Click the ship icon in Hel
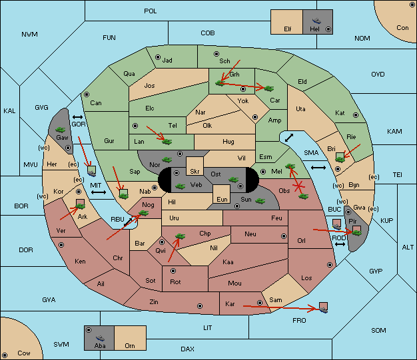coord(316,21)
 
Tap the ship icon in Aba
coord(100,338)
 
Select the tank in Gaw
coord(61,130)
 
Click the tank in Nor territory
coord(167,160)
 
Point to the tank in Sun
coord(260,201)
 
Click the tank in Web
coord(180,186)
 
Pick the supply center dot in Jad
coord(158,57)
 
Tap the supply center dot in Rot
coord(173,271)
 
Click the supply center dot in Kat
coord(356,115)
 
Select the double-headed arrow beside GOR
coord(77,117)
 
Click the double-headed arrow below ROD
coord(340,244)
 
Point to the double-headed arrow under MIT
coord(99,192)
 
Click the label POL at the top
coord(151,11)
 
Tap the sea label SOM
coord(378,331)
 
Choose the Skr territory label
coord(195,172)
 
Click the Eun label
coord(222,200)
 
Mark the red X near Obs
coord(299,186)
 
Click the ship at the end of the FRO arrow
coord(323,309)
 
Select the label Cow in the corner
coord(24,353)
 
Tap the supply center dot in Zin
coord(200,306)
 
